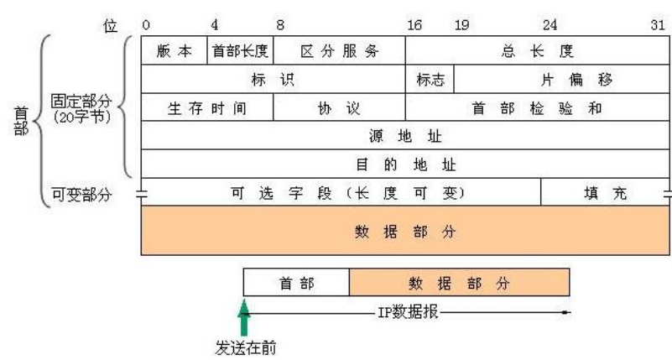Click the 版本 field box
pyautogui.click(x=175, y=51)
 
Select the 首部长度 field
pyautogui.click(x=240, y=51)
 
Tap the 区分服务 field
pyautogui.click(x=340, y=51)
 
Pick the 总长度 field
pyautogui.click(x=537, y=51)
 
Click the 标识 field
pyautogui.click(x=273, y=80)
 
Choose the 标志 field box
pyautogui.click(x=430, y=80)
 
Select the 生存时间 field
pyautogui.click(x=207, y=108)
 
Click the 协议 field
pyautogui.click(x=340, y=108)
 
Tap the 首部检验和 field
pyautogui.click(x=537, y=108)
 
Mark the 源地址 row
pyautogui.click(x=405, y=136)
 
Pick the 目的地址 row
pyautogui.click(x=405, y=164)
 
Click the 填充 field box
pyautogui.click(x=605, y=192)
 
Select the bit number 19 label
pyautogui.click(x=461, y=25)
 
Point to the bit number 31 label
pyautogui.click(x=659, y=25)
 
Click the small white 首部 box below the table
pyautogui.click(x=296, y=283)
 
